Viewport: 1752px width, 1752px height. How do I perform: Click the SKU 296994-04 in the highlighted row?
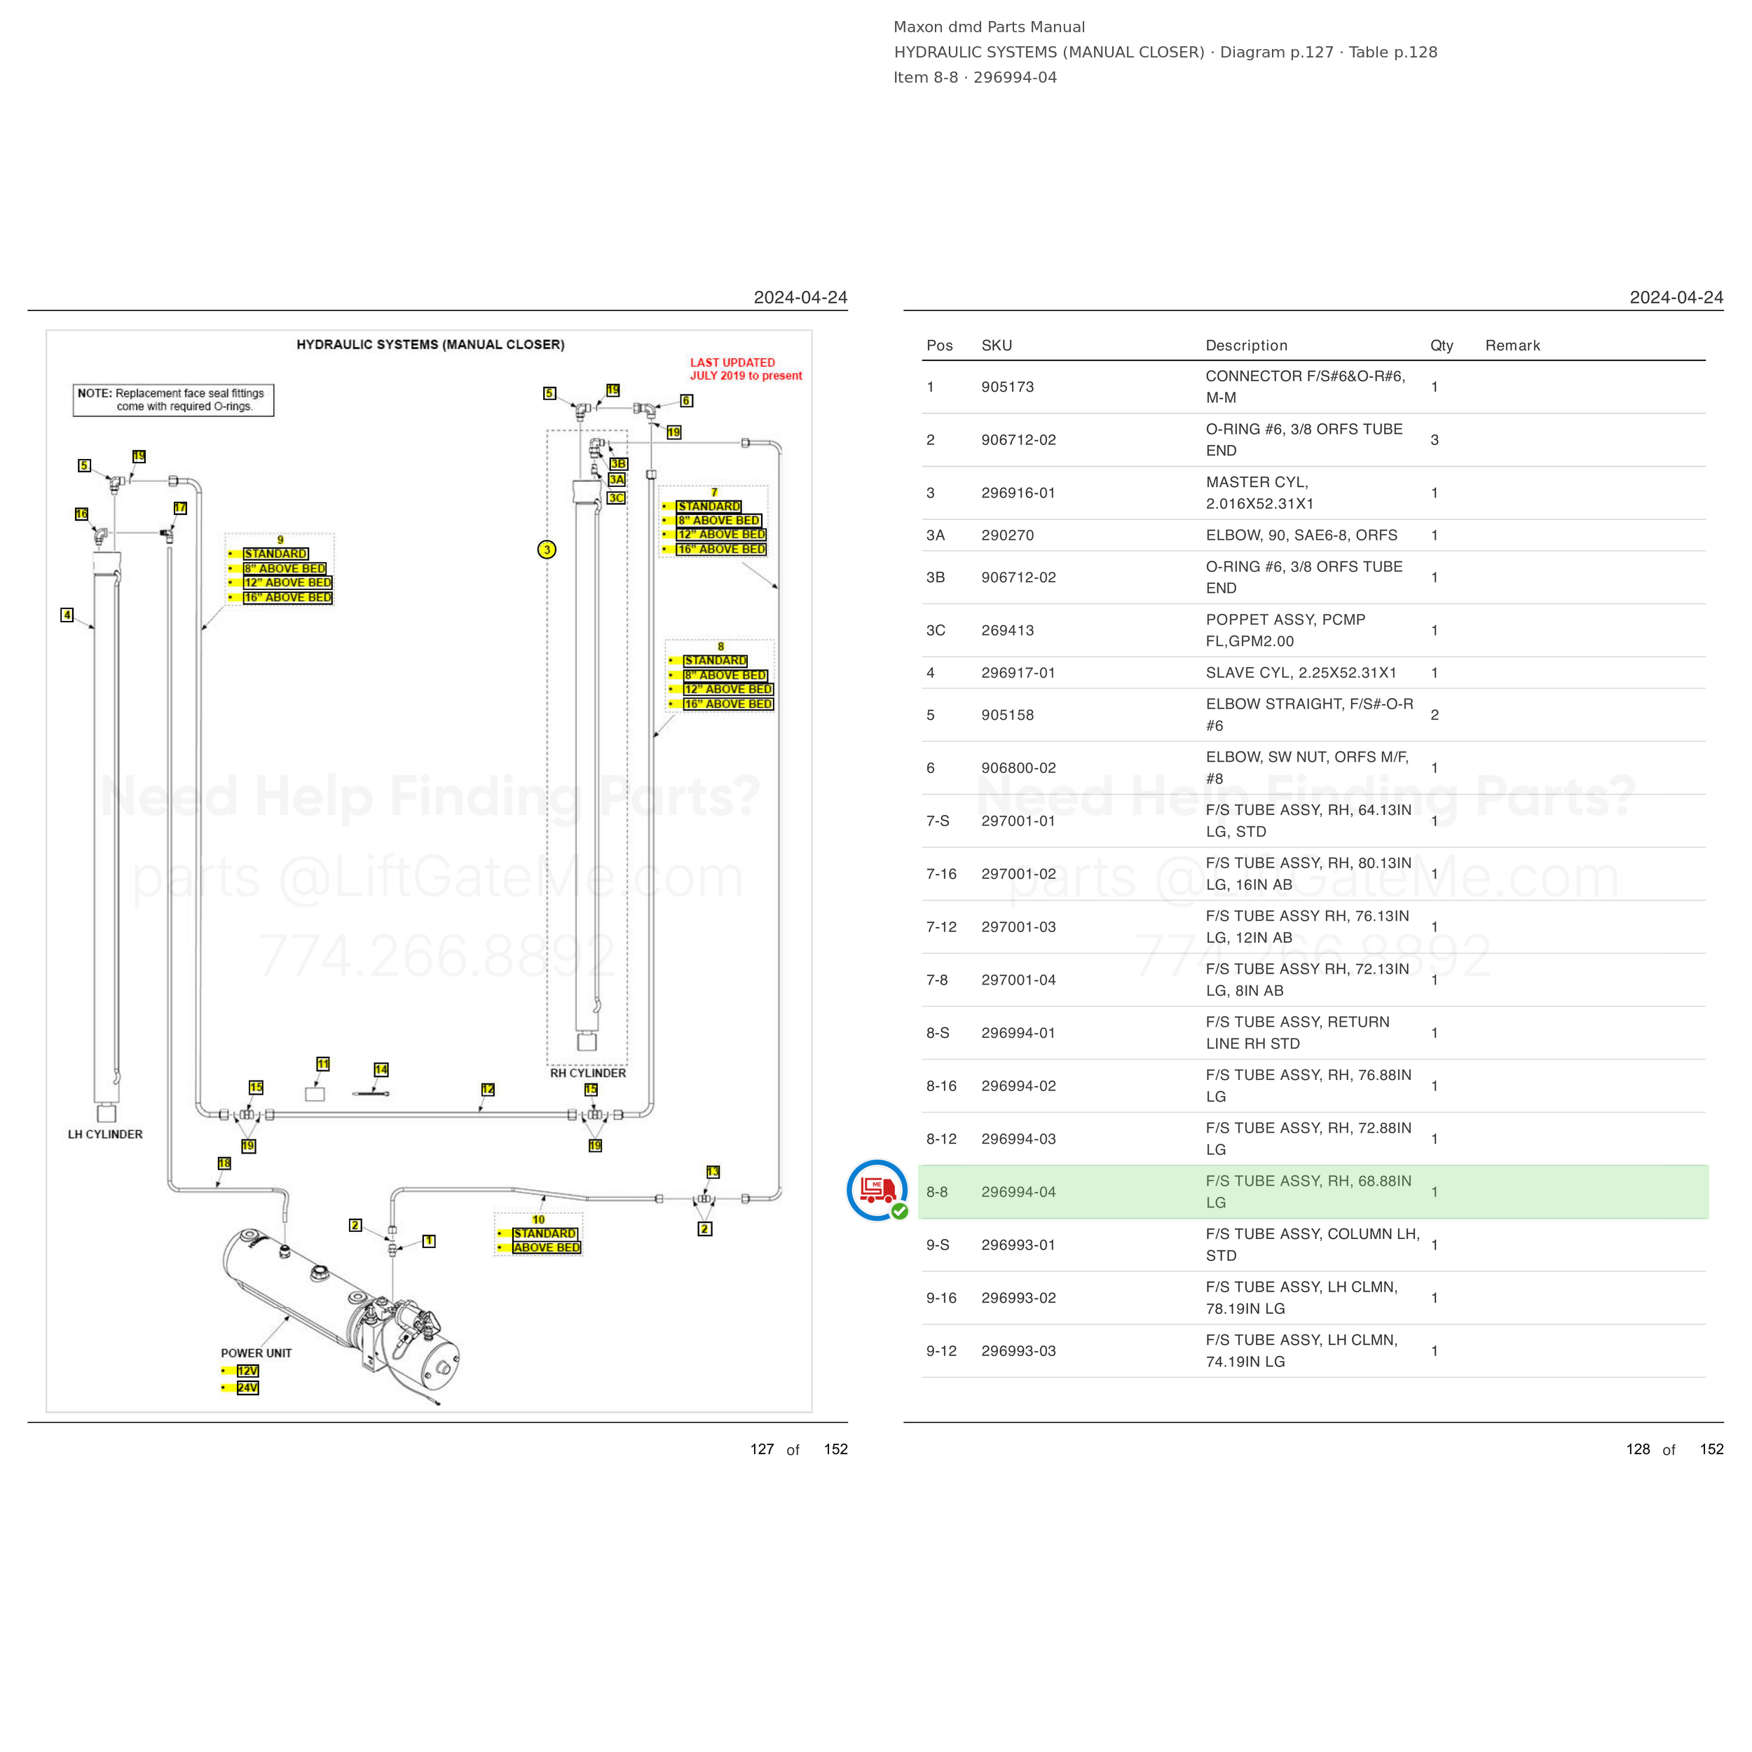coord(1018,1191)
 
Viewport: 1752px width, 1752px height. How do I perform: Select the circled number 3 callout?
coord(547,549)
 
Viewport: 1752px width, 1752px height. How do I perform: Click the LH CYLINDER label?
coord(105,1135)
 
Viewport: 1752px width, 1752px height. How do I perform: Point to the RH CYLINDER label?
coord(588,1073)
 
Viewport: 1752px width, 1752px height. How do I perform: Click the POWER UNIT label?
coord(256,1353)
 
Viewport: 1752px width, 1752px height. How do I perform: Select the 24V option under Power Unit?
coord(247,1388)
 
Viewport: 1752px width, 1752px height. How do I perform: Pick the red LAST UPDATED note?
coord(746,369)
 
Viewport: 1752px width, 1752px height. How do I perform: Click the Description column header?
coord(1246,345)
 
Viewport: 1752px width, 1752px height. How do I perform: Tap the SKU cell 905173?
coord(1008,388)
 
